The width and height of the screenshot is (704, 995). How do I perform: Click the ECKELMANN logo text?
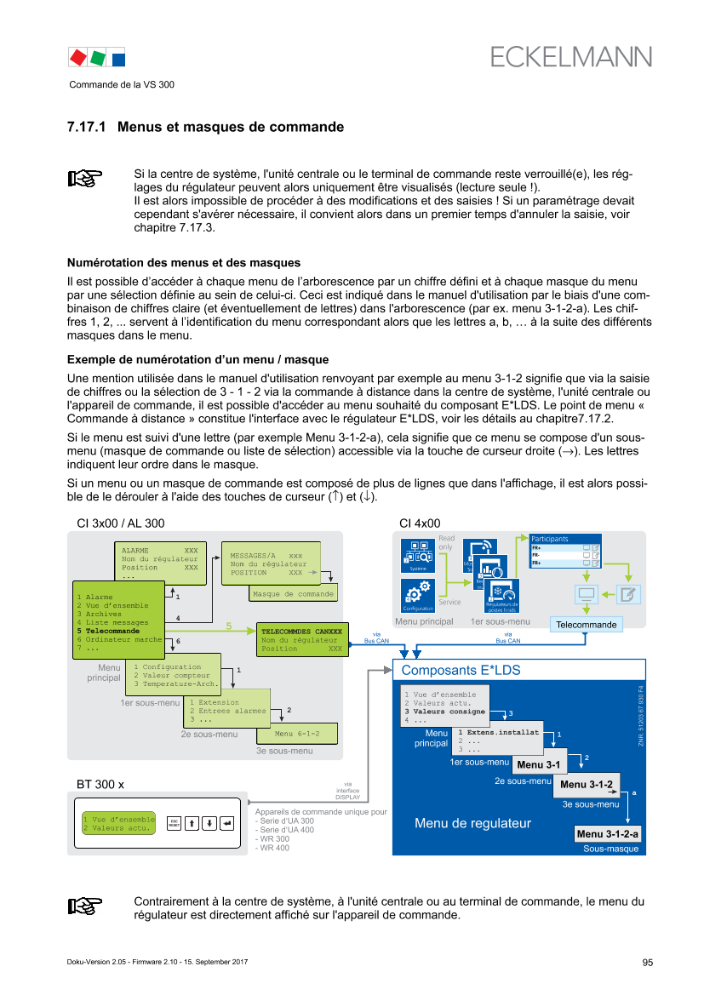571,57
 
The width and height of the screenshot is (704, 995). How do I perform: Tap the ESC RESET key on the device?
174,823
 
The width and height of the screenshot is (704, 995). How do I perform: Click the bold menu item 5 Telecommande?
112,631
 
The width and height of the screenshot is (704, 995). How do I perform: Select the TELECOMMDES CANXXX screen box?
302,639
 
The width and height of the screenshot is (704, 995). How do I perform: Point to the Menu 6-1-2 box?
296,734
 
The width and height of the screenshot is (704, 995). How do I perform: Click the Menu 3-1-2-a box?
607,832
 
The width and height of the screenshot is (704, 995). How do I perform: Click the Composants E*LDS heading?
461,671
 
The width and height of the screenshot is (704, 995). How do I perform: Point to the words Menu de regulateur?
472,823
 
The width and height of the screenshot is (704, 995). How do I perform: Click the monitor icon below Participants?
585,593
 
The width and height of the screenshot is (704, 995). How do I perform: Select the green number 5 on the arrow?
228,626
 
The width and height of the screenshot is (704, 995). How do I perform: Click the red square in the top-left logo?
77,57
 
